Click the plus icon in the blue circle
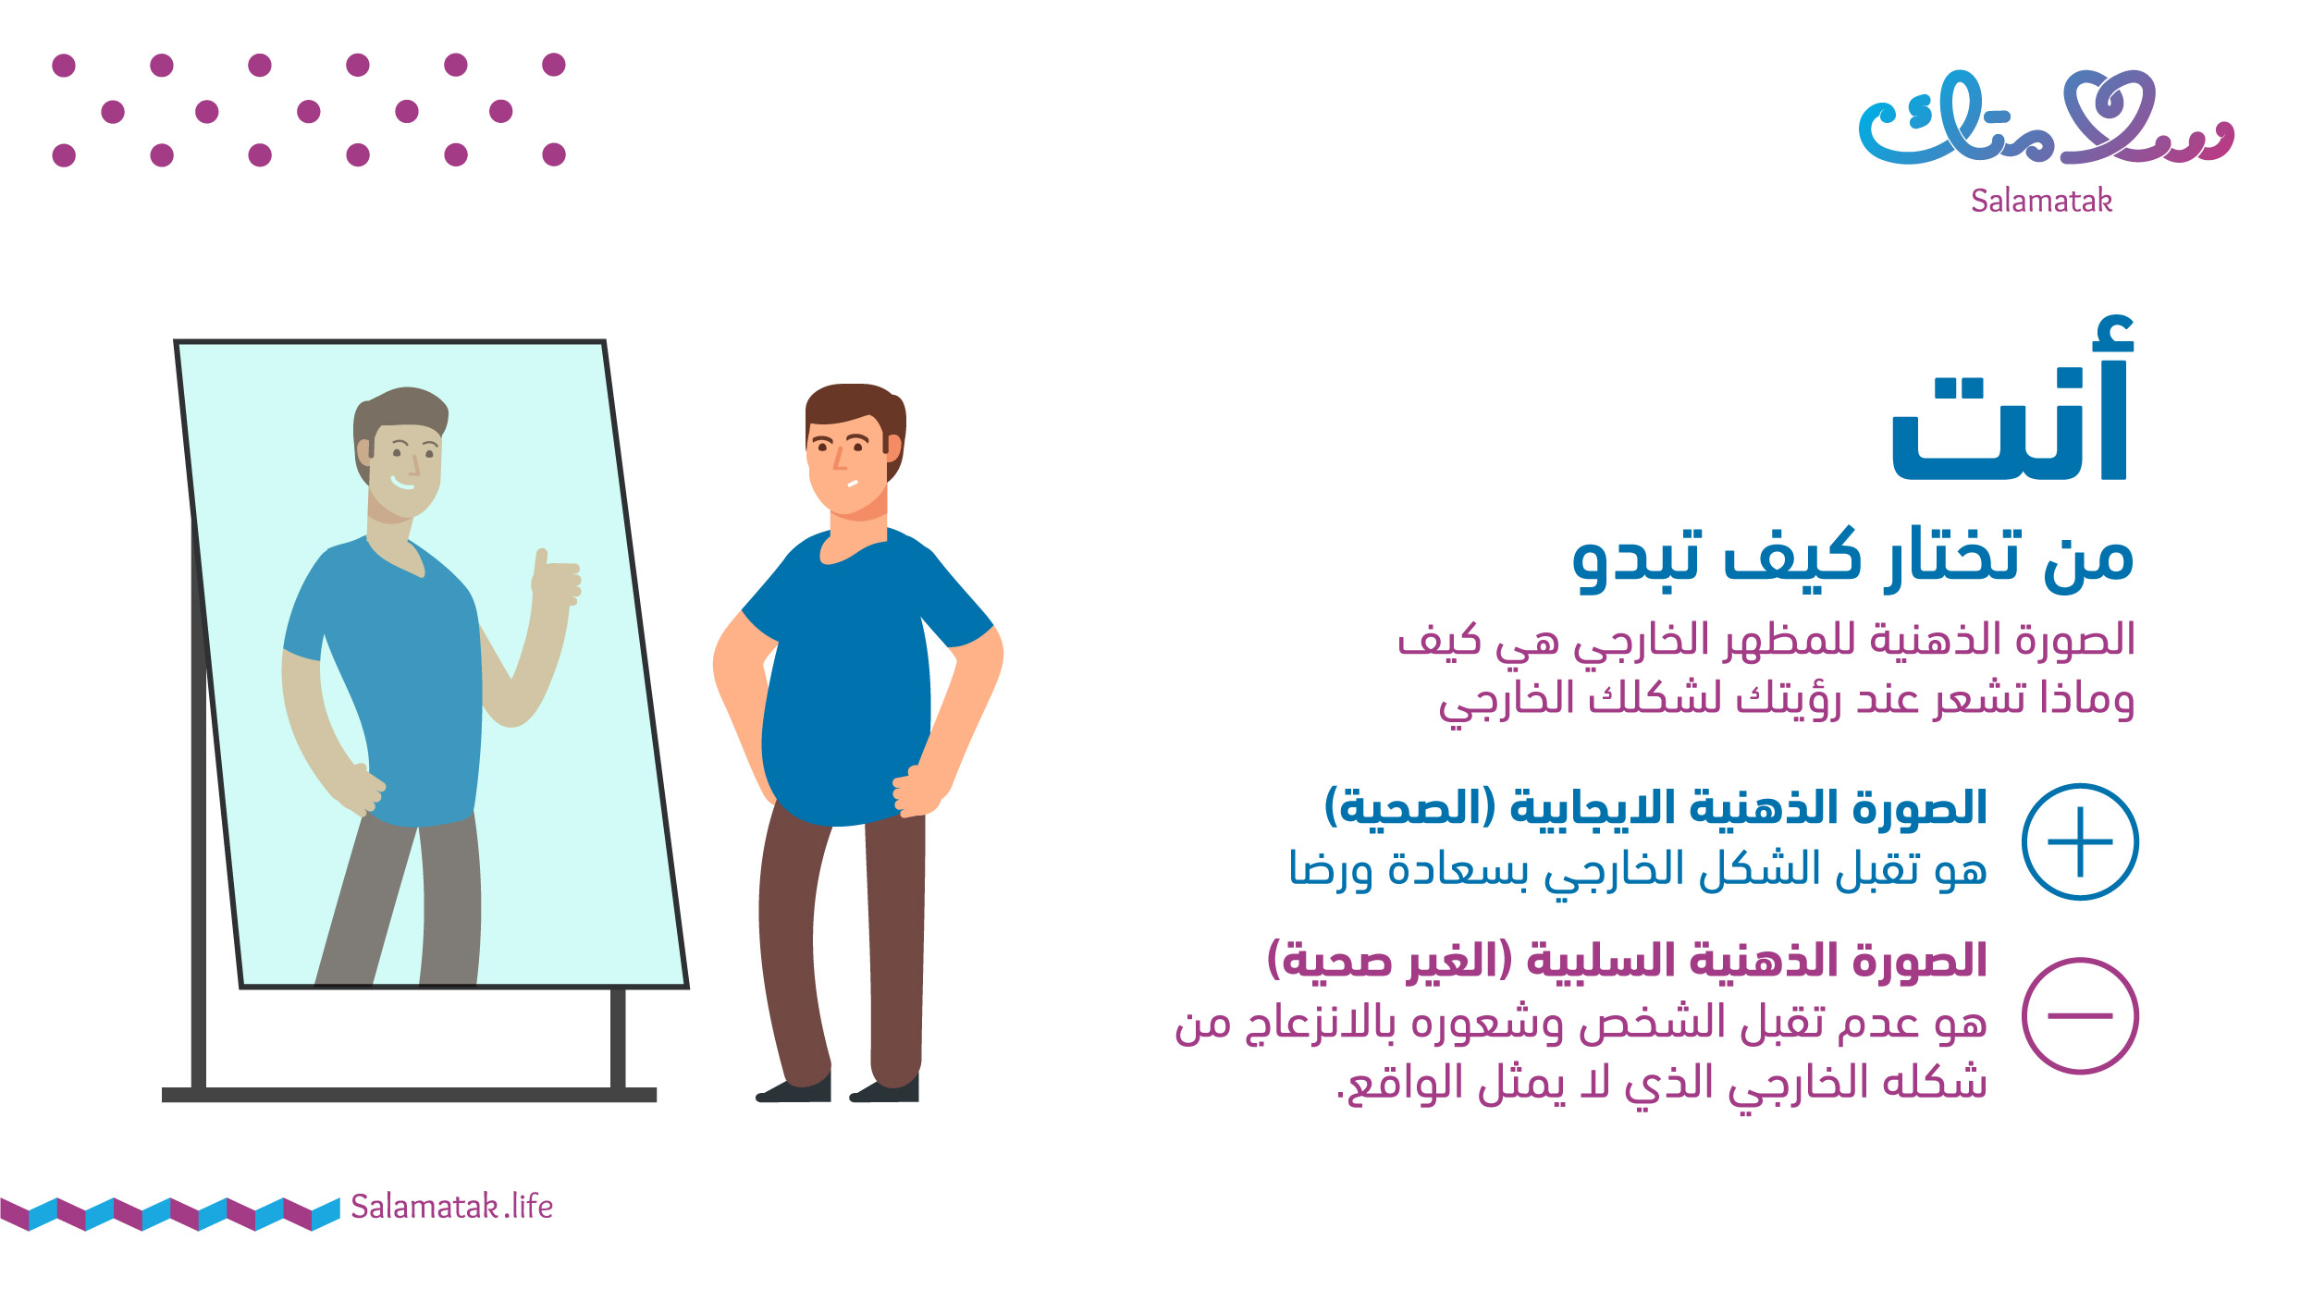(x=2080, y=841)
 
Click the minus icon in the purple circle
(x=2080, y=1015)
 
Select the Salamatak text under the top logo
(x=2041, y=201)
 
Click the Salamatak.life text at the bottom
(x=451, y=1207)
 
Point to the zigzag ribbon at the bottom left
(x=170, y=1213)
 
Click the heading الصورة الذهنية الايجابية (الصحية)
(x=1655, y=807)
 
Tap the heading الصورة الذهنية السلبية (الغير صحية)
(x=1627, y=960)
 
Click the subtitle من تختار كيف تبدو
(x=1853, y=559)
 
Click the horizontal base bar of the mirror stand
(x=409, y=1095)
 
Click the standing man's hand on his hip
(x=916, y=791)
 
